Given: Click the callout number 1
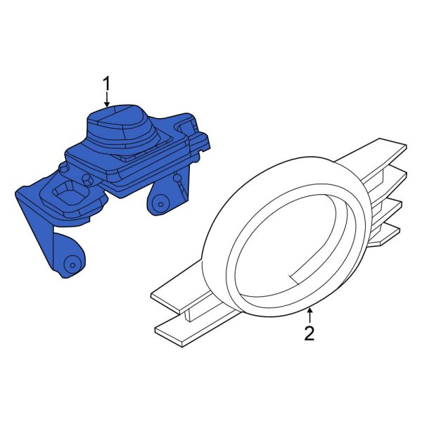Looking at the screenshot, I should pos(107,85).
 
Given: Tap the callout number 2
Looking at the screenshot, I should pos(308,333).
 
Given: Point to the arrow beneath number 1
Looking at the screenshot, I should pos(107,101).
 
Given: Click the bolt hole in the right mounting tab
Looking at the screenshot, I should pos(160,205).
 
